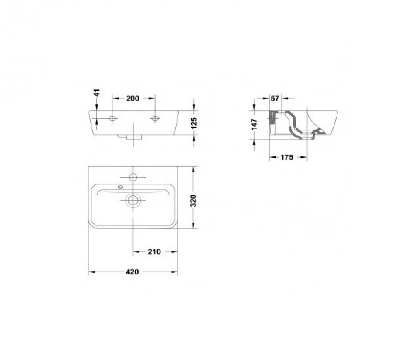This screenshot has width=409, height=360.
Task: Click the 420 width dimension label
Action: pos(132,272)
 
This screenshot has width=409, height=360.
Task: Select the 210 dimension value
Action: pos(154,252)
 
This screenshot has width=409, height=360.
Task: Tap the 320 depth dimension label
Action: pos(193,200)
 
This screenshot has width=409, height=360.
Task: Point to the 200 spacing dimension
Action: pos(133,98)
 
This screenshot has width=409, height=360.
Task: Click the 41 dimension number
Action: pos(97,93)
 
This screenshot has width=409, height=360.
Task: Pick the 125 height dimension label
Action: pos(194,123)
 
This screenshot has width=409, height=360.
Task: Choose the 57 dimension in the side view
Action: pos(275,98)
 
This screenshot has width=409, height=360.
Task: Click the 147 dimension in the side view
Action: pos(254,124)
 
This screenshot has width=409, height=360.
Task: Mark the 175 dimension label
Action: pos(287,157)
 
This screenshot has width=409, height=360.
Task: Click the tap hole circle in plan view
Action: pos(133,177)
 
